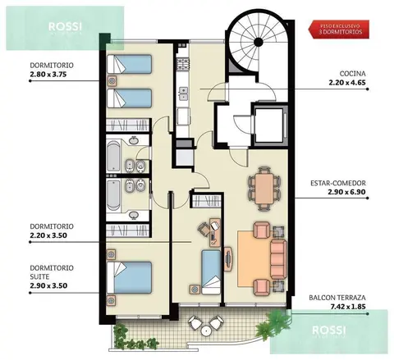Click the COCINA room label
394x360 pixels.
[x=352, y=74]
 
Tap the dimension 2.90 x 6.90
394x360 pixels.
[x=346, y=192]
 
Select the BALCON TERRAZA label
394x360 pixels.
[x=337, y=298]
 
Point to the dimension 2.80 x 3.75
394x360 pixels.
[x=48, y=75]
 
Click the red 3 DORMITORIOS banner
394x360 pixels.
[x=340, y=30]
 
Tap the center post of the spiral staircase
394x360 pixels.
[x=258, y=42]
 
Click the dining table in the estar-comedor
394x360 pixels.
[x=264, y=189]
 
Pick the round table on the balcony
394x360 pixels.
[x=205, y=331]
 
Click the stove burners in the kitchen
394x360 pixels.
[x=183, y=64]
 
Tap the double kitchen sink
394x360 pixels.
[x=183, y=93]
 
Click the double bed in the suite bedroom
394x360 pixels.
[x=130, y=277]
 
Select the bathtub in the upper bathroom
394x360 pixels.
[x=113, y=156]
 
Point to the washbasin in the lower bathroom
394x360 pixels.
[x=134, y=216]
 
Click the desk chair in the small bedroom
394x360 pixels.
[x=204, y=229]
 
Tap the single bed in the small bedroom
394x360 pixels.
[x=211, y=272]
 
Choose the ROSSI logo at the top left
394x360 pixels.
[x=65, y=27]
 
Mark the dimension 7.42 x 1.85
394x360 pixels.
[x=348, y=307]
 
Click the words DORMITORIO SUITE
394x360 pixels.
[x=52, y=272]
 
